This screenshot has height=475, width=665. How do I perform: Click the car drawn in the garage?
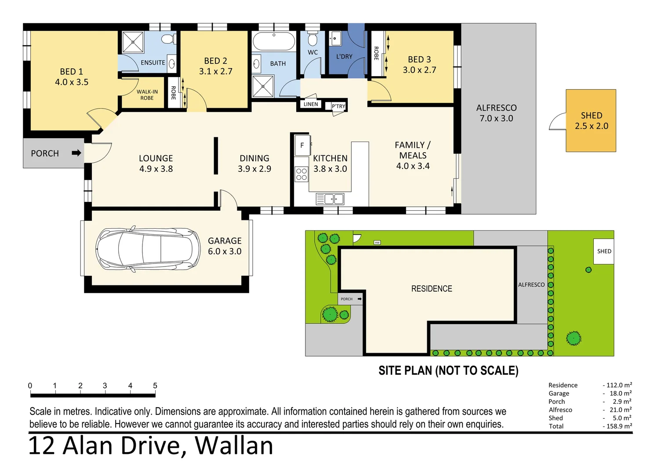coord(148,249)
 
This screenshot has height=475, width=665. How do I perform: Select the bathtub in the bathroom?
coord(273,41)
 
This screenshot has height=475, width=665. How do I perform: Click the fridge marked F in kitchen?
coord(302,145)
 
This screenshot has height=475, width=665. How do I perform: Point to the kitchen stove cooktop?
coord(302,175)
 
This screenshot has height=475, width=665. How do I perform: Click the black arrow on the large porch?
coord(76,153)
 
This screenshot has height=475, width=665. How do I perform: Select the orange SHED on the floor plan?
coord(591,121)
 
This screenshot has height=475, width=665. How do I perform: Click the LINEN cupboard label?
coord(311,104)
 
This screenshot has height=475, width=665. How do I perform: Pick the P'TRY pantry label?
coord(338,106)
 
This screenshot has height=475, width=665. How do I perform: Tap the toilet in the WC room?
coord(313,40)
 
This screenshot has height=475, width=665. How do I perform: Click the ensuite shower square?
coord(133,42)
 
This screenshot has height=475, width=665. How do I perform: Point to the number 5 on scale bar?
coord(155,386)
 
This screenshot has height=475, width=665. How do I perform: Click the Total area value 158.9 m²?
coord(619,426)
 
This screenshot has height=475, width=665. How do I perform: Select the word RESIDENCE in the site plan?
coord(432,289)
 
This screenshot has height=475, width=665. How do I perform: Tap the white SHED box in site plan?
coord(603,251)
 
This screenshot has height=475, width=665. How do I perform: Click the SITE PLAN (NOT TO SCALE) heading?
coord(448,371)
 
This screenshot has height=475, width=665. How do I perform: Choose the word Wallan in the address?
coord(234,446)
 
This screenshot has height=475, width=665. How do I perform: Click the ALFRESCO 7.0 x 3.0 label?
coord(496,113)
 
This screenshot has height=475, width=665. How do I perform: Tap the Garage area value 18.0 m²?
coord(620,393)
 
